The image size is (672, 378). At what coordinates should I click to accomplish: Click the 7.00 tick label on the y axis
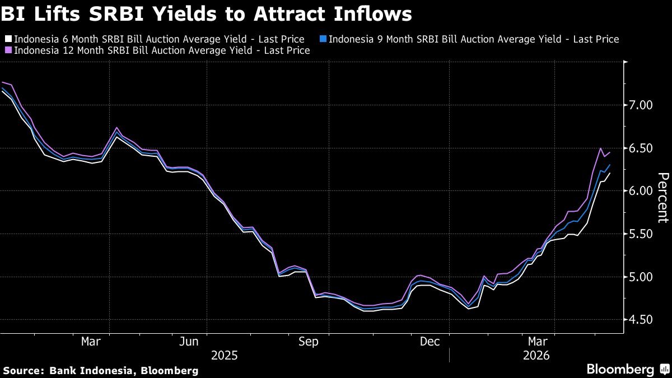[x=641, y=105]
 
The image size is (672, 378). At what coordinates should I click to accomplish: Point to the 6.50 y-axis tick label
[x=641, y=148]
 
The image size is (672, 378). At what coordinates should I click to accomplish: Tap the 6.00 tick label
[x=641, y=191]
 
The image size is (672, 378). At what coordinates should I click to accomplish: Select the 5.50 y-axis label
[x=641, y=234]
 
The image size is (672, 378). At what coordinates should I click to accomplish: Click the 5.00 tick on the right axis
[x=641, y=277]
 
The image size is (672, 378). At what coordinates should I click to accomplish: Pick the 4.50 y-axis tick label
[x=641, y=320]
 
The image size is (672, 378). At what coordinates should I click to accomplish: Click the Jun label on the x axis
[x=189, y=342]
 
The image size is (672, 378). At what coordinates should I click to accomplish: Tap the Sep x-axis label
[x=309, y=342]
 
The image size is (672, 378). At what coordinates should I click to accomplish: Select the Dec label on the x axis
[x=430, y=342]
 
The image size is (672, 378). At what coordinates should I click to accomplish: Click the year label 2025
[x=225, y=356]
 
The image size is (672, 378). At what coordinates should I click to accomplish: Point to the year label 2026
[x=536, y=356]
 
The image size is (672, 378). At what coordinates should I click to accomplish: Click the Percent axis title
[x=663, y=198]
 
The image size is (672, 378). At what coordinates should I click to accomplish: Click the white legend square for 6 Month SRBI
[x=8, y=39]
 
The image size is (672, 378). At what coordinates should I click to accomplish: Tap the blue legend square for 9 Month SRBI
[x=323, y=39]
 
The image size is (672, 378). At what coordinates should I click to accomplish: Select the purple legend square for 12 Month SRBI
[x=8, y=50]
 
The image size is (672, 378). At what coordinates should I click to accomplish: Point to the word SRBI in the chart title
[x=116, y=14]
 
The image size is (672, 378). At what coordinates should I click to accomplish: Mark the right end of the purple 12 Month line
[x=610, y=152]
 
